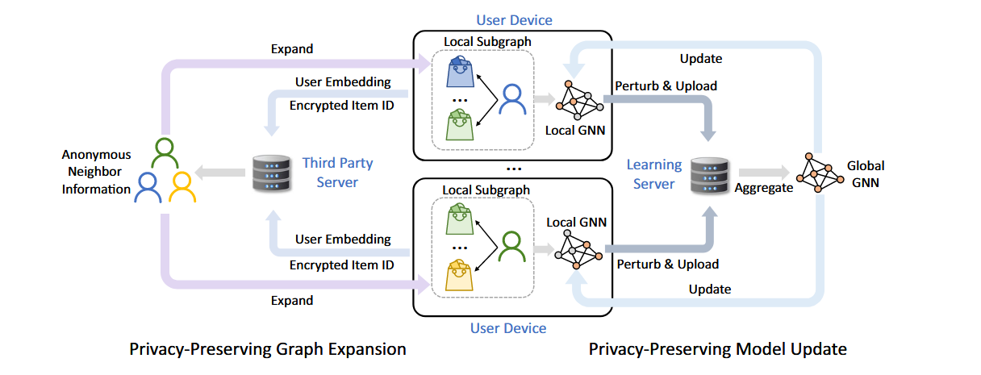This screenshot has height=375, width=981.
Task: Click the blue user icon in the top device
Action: [511, 100]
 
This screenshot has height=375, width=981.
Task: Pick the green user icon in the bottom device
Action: [511, 244]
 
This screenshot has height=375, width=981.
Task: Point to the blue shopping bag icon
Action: [459, 72]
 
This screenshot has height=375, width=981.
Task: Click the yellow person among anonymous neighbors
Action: [182, 187]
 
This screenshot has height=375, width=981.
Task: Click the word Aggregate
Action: [763, 187]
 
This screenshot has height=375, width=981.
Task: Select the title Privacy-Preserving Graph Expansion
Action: [267, 349]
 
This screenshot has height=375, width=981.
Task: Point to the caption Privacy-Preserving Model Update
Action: [718, 349]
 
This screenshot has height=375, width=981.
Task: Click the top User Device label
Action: [514, 19]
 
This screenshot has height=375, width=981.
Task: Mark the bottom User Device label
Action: [507, 327]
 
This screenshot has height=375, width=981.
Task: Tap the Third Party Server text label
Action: [337, 173]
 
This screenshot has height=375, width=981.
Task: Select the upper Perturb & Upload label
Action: [666, 86]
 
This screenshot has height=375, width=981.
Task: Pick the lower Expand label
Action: [292, 300]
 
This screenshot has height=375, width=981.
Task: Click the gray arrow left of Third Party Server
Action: [224, 173]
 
